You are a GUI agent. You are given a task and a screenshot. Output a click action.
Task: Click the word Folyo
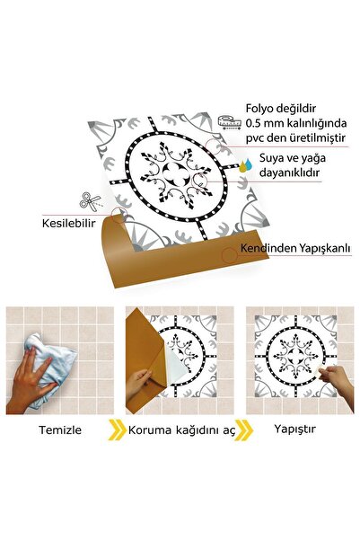click(261, 106)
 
